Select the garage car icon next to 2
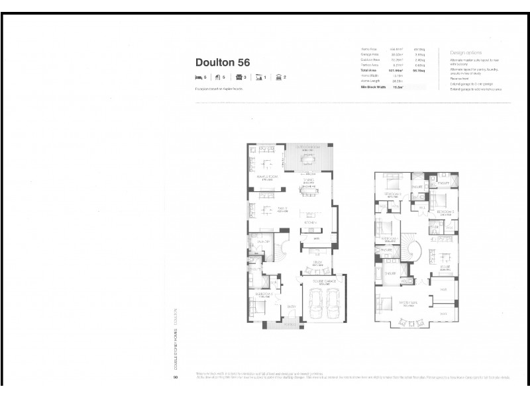click(x=278, y=77)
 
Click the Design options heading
click(x=465, y=52)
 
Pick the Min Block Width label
click(x=372, y=86)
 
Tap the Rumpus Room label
click(x=265, y=178)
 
